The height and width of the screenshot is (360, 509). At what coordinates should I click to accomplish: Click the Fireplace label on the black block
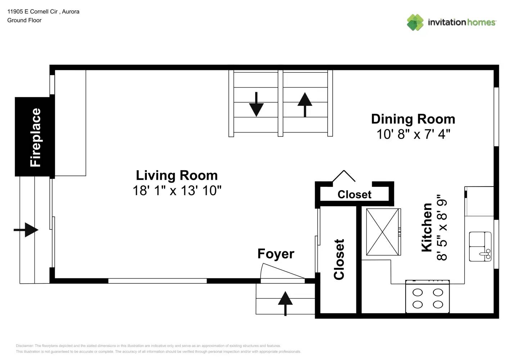[35, 137]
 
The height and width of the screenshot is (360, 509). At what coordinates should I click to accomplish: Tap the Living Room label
[176, 175]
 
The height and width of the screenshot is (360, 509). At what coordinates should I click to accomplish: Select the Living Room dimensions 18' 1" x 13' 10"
[177, 190]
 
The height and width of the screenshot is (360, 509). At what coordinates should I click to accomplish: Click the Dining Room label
[413, 119]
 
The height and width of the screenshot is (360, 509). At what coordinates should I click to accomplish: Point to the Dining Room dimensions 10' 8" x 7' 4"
[413, 134]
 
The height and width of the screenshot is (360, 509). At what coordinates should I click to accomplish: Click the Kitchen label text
[427, 227]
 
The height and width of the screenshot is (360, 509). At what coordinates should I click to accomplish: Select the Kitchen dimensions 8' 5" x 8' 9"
[442, 227]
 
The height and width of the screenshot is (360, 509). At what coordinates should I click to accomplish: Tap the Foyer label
[276, 254]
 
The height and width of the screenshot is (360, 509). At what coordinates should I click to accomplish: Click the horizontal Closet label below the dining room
[354, 194]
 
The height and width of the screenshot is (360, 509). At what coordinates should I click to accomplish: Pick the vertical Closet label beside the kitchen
[339, 259]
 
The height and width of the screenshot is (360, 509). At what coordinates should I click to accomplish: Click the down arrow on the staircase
[256, 104]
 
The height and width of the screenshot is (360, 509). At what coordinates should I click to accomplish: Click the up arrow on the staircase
[305, 104]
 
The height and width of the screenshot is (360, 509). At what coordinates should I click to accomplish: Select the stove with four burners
[427, 297]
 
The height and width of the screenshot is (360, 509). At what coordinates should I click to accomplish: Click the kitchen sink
[480, 246]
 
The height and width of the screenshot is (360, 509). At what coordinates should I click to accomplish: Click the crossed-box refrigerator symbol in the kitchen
[383, 232]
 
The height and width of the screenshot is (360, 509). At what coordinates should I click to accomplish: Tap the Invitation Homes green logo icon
[415, 22]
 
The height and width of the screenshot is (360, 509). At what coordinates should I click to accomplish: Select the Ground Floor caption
[24, 20]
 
